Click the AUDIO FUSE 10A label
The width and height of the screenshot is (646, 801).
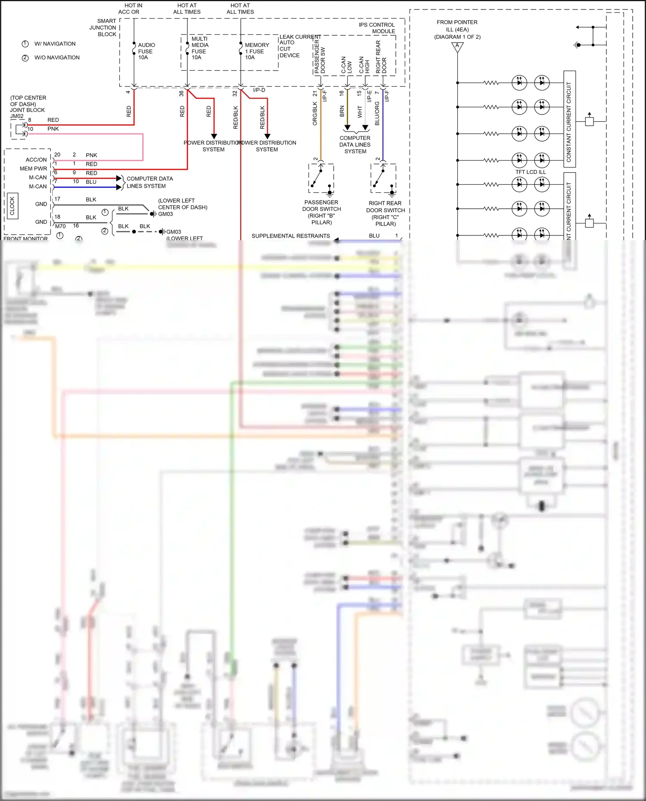(x=146, y=51)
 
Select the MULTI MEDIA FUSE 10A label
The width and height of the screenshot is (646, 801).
(x=199, y=48)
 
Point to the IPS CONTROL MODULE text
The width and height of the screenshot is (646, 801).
(x=377, y=28)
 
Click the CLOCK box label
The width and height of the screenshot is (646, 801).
(x=12, y=206)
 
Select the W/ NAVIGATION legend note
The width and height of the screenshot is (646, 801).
(x=54, y=44)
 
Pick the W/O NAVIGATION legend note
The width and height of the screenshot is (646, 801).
(x=56, y=58)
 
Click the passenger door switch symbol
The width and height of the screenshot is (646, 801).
(x=321, y=179)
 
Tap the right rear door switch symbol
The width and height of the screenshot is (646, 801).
(x=383, y=179)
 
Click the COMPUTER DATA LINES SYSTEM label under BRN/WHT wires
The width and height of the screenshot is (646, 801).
(x=355, y=145)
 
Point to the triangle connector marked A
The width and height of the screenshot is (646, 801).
(x=457, y=46)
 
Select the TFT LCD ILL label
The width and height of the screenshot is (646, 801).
(x=531, y=172)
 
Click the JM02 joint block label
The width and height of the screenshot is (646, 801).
(x=17, y=116)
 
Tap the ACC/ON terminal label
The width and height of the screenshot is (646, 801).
(x=36, y=160)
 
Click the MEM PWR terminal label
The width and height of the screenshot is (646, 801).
(x=33, y=169)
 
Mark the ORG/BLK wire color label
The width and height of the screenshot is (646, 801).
(x=315, y=114)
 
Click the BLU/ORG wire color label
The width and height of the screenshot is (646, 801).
(x=377, y=114)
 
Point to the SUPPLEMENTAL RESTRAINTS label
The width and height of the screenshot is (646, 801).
(x=291, y=236)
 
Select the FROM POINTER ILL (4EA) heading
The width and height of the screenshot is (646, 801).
(x=457, y=29)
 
